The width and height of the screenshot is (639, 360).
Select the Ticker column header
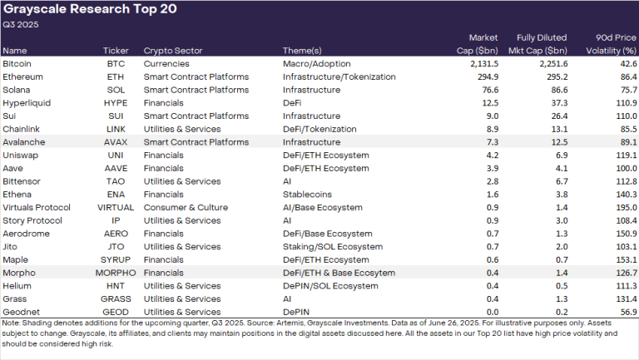pyautogui.click(x=116, y=50)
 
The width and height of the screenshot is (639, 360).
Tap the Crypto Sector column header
pyautogui.click(x=172, y=50)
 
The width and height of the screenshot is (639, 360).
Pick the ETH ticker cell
pyautogui.click(x=116, y=76)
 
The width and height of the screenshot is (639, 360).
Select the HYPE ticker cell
pyautogui.click(x=116, y=102)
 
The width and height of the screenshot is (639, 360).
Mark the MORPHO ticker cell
pyautogui.click(x=116, y=271)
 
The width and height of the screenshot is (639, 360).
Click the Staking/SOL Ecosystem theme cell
pyautogui.click(x=329, y=245)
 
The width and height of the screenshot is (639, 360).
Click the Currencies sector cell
pyautogui.click(x=167, y=63)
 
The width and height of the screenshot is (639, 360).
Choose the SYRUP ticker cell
pyautogui.click(x=116, y=259)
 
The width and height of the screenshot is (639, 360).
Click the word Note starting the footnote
pyautogui.click(x=12, y=323)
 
